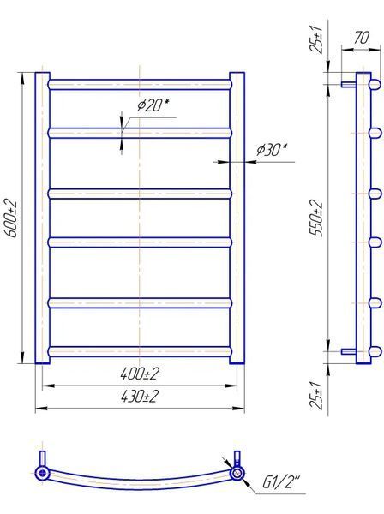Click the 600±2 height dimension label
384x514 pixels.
point(11,218)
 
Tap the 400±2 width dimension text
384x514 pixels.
point(140,374)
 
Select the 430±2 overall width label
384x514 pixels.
point(140,397)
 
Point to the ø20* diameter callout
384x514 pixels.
point(153,105)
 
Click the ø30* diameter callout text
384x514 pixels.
point(272,149)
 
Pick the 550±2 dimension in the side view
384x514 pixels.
point(317,218)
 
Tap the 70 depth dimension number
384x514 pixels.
point(361,38)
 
